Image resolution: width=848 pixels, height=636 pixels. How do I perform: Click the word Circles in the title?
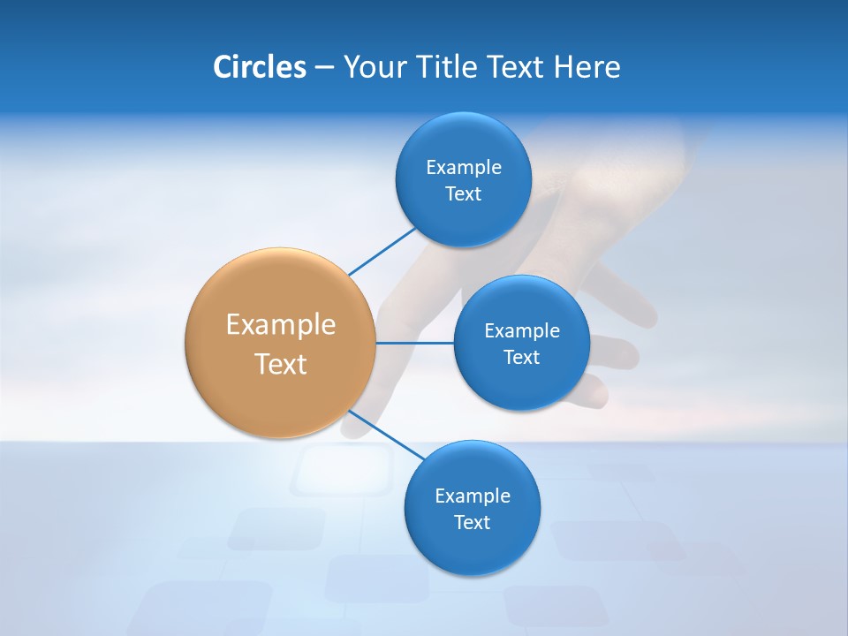click(x=259, y=67)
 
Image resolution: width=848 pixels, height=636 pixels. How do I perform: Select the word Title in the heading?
click(x=450, y=67)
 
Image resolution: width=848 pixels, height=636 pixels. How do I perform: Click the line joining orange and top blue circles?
click(x=382, y=251)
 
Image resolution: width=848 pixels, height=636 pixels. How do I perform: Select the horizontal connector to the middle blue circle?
click(x=414, y=343)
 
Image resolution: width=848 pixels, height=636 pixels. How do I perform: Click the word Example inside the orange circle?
click(x=281, y=325)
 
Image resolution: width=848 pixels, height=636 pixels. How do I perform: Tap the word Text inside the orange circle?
click(x=281, y=364)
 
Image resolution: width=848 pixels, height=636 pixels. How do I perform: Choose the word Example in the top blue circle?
click(x=464, y=168)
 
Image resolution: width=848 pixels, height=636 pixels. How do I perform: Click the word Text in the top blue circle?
click(x=463, y=194)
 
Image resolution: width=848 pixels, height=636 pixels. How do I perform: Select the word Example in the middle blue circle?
click(x=522, y=331)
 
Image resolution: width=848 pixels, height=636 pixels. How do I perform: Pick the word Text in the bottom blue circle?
click(x=472, y=523)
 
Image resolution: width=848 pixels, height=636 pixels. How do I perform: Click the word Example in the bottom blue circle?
click(x=473, y=496)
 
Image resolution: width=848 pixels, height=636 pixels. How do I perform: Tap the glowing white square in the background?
click(x=342, y=469)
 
